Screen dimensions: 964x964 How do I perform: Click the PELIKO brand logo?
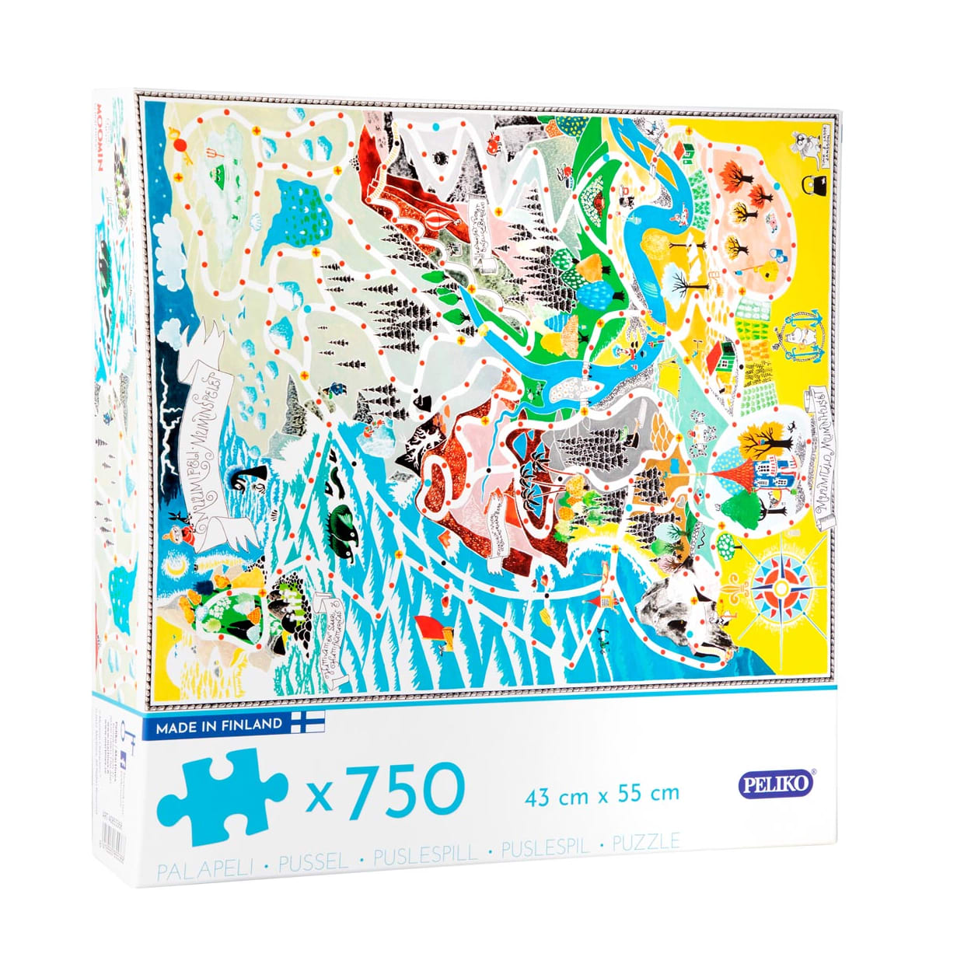click(774, 784)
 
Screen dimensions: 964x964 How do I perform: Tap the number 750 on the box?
click(405, 789)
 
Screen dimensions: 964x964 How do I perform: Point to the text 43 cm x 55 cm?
click(602, 794)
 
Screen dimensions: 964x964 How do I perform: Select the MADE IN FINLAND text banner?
click(218, 725)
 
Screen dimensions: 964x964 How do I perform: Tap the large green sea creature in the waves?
click(343, 519)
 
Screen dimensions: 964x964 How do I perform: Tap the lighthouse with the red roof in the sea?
click(606, 599)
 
